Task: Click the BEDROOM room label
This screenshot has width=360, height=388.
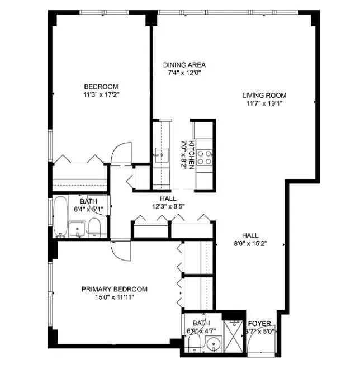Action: (101, 86)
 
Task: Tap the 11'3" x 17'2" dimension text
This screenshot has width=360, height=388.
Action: (101, 94)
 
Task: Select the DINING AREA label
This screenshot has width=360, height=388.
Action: (184, 65)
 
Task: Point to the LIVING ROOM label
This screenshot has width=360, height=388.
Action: (264, 94)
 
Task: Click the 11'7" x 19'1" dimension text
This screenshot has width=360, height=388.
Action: (264, 103)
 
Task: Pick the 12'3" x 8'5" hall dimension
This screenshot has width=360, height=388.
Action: (168, 206)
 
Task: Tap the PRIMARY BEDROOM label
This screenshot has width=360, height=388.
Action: (115, 289)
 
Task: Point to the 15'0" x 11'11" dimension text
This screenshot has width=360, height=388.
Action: (115, 297)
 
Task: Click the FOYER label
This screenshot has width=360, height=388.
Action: (259, 324)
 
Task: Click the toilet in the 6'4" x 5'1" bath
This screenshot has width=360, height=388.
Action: (94, 226)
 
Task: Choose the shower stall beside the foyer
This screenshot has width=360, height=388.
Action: (233, 337)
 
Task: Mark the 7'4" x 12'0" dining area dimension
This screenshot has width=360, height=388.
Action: (184, 73)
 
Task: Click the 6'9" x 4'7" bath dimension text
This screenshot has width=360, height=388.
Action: (201, 331)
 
